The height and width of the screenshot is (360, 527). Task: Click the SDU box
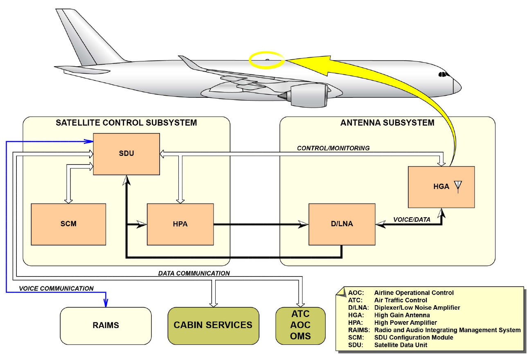click(126, 154)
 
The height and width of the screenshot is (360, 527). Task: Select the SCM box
click(68, 224)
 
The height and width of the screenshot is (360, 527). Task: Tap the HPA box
click(180, 224)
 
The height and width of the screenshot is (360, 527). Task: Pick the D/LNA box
click(342, 224)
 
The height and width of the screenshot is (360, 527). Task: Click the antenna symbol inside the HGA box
click(458, 187)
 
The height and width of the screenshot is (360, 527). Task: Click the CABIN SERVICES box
click(213, 325)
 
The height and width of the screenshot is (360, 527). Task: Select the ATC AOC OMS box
click(300, 325)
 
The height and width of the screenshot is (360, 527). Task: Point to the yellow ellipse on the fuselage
click(266, 60)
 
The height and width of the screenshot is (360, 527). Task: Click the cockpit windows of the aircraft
click(443, 74)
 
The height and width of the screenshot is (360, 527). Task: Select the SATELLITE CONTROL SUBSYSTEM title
click(126, 123)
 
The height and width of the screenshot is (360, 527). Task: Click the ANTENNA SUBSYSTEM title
click(387, 123)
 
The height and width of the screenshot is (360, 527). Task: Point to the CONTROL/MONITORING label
click(334, 148)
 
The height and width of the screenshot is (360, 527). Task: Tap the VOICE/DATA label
click(412, 220)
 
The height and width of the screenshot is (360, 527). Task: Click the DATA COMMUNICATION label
click(194, 273)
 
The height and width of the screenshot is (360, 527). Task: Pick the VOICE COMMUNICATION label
click(56, 288)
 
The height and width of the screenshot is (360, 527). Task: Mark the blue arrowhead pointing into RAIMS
click(106, 304)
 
